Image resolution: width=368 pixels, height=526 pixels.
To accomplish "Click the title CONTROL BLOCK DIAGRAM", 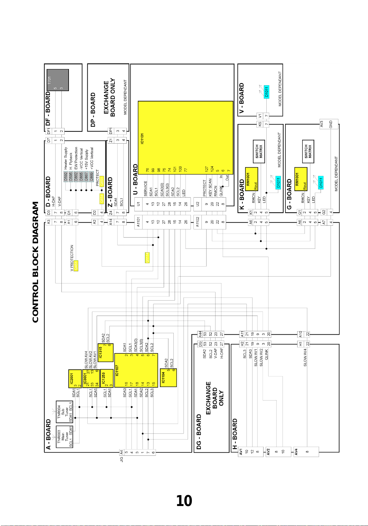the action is (36, 262).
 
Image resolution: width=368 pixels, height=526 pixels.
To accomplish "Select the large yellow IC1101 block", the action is (185, 138).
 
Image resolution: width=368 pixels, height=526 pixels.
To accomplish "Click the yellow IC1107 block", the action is (136, 370).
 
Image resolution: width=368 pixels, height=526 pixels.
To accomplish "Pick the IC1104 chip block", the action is (168, 378).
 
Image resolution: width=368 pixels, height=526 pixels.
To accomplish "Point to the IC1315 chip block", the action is (105, 353).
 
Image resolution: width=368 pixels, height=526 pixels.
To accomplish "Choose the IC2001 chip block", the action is (75, 379).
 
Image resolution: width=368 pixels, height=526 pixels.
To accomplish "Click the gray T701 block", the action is (57, 80).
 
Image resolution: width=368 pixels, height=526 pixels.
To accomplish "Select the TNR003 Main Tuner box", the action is (65, 436).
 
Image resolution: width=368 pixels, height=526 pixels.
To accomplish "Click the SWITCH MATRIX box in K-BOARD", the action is (259, 151).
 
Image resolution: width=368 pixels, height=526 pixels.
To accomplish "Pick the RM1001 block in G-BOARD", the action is (301, 179).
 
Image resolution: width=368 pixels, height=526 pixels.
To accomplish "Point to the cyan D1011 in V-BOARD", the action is (267, 91).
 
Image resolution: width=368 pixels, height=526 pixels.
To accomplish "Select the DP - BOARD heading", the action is (93, 110).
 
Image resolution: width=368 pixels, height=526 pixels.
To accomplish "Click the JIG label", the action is (122, 459).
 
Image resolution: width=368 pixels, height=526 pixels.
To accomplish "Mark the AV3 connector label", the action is (322, 124).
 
